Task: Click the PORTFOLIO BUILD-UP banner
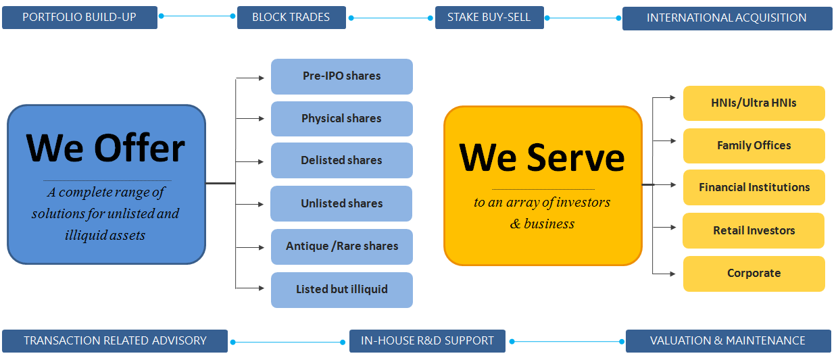point(80,17)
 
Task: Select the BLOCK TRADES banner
point(291,17)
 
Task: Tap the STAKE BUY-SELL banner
point(489,17)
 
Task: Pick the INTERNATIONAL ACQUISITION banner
point(727,18)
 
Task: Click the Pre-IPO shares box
point(342,76)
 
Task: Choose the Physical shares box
point(342,118)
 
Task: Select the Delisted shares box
point(342,160)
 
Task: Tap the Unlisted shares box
point(341,203)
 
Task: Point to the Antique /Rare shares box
point(342,247)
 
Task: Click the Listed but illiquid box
point(342,290)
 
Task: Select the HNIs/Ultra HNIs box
point(754,103)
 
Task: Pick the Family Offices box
point(754,146)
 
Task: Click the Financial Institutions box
point(754,187)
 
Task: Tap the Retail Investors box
point(754,230)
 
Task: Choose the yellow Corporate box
point(754,274)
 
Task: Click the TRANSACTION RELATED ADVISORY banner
point(115,341)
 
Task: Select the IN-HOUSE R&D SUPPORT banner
point(427,341)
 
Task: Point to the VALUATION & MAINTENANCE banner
point(729,341)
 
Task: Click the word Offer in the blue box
point(139,148)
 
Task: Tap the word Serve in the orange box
point(576,158)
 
